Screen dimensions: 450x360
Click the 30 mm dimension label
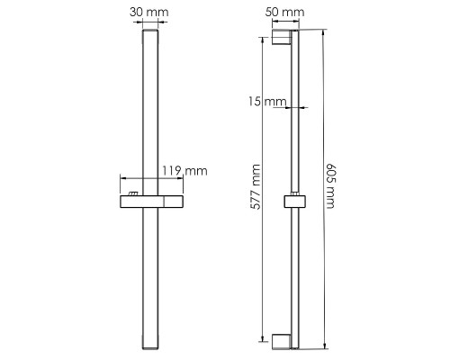click(149, 13)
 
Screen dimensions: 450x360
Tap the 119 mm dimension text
click(184, 171)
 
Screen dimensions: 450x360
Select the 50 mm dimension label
click(284, 13)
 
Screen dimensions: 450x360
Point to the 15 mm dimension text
click(267, 102)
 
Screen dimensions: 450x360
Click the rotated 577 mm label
click(256, 186)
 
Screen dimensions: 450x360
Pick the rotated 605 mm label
click(331, 186)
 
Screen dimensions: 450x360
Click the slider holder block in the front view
click(152, 202)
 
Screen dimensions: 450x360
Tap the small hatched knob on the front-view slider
click(133, 193)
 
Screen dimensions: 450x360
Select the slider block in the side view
click(295, 202)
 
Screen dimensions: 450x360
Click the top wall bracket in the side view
click(282, 38)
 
